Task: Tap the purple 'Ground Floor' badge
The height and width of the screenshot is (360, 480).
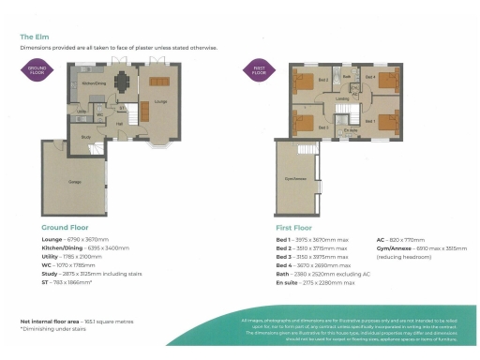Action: click(x=37, y=68)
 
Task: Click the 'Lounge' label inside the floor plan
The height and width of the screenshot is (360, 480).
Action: click(x=160, y=100)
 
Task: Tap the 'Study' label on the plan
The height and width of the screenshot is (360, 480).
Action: click(x=85, y=137)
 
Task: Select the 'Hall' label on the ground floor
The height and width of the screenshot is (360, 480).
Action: click(x=119, y=122)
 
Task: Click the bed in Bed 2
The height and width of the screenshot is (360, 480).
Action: click(x=305, y=82)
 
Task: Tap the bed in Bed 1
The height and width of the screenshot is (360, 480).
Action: click(x=387, y=123)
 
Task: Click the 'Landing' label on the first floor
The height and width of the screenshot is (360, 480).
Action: click(x=343, y=98)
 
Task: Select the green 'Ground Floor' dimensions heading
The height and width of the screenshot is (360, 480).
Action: click(x=66, y=228)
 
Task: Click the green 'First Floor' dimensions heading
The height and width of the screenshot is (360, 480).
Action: click(x=292, y=228)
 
